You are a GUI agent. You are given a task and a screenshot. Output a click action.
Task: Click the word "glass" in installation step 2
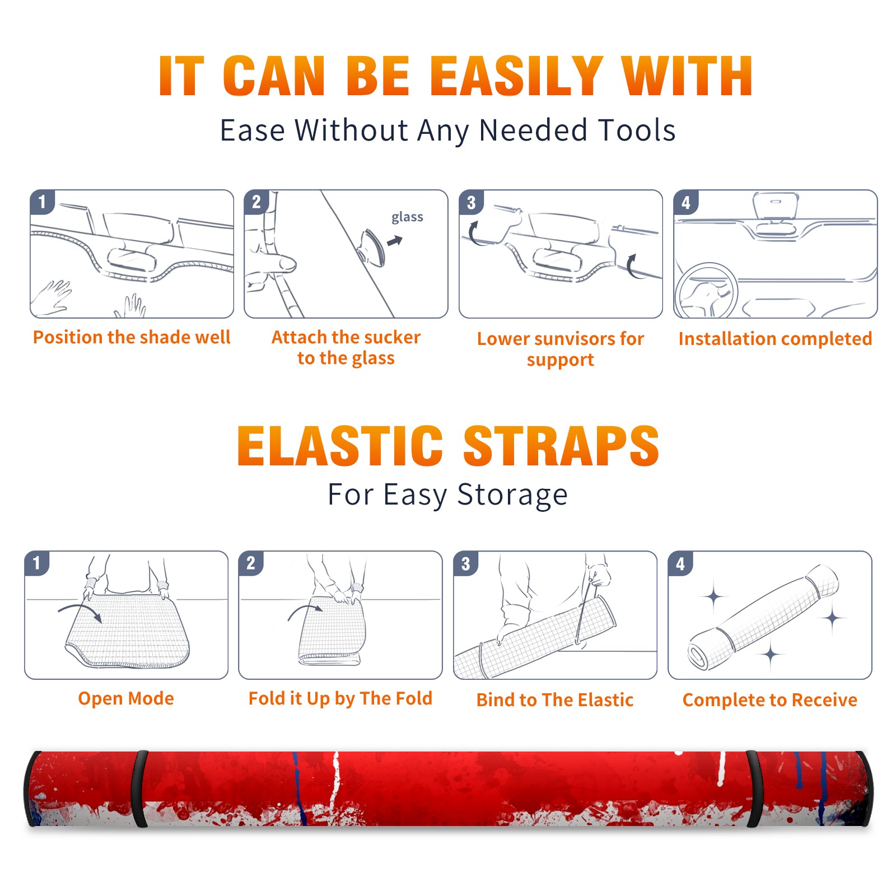407,217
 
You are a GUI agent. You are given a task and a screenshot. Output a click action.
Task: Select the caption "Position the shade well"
132,337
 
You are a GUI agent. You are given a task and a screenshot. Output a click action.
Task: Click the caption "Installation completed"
775,339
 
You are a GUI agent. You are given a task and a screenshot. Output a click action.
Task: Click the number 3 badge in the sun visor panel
471,202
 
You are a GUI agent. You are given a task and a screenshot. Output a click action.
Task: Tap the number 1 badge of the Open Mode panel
37,563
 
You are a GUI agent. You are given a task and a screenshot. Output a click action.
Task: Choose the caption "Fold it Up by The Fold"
340,699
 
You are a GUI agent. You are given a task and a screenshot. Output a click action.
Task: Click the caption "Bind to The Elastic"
555,700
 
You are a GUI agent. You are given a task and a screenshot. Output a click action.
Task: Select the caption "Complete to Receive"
770,700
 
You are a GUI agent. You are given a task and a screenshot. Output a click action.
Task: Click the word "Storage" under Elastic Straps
512,495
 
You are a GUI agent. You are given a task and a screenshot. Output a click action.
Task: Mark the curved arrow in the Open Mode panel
80,611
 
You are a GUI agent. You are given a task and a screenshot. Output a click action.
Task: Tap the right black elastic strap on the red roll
754,789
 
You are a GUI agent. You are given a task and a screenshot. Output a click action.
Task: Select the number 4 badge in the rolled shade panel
680,563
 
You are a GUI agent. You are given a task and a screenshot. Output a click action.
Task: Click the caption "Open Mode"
126,699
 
